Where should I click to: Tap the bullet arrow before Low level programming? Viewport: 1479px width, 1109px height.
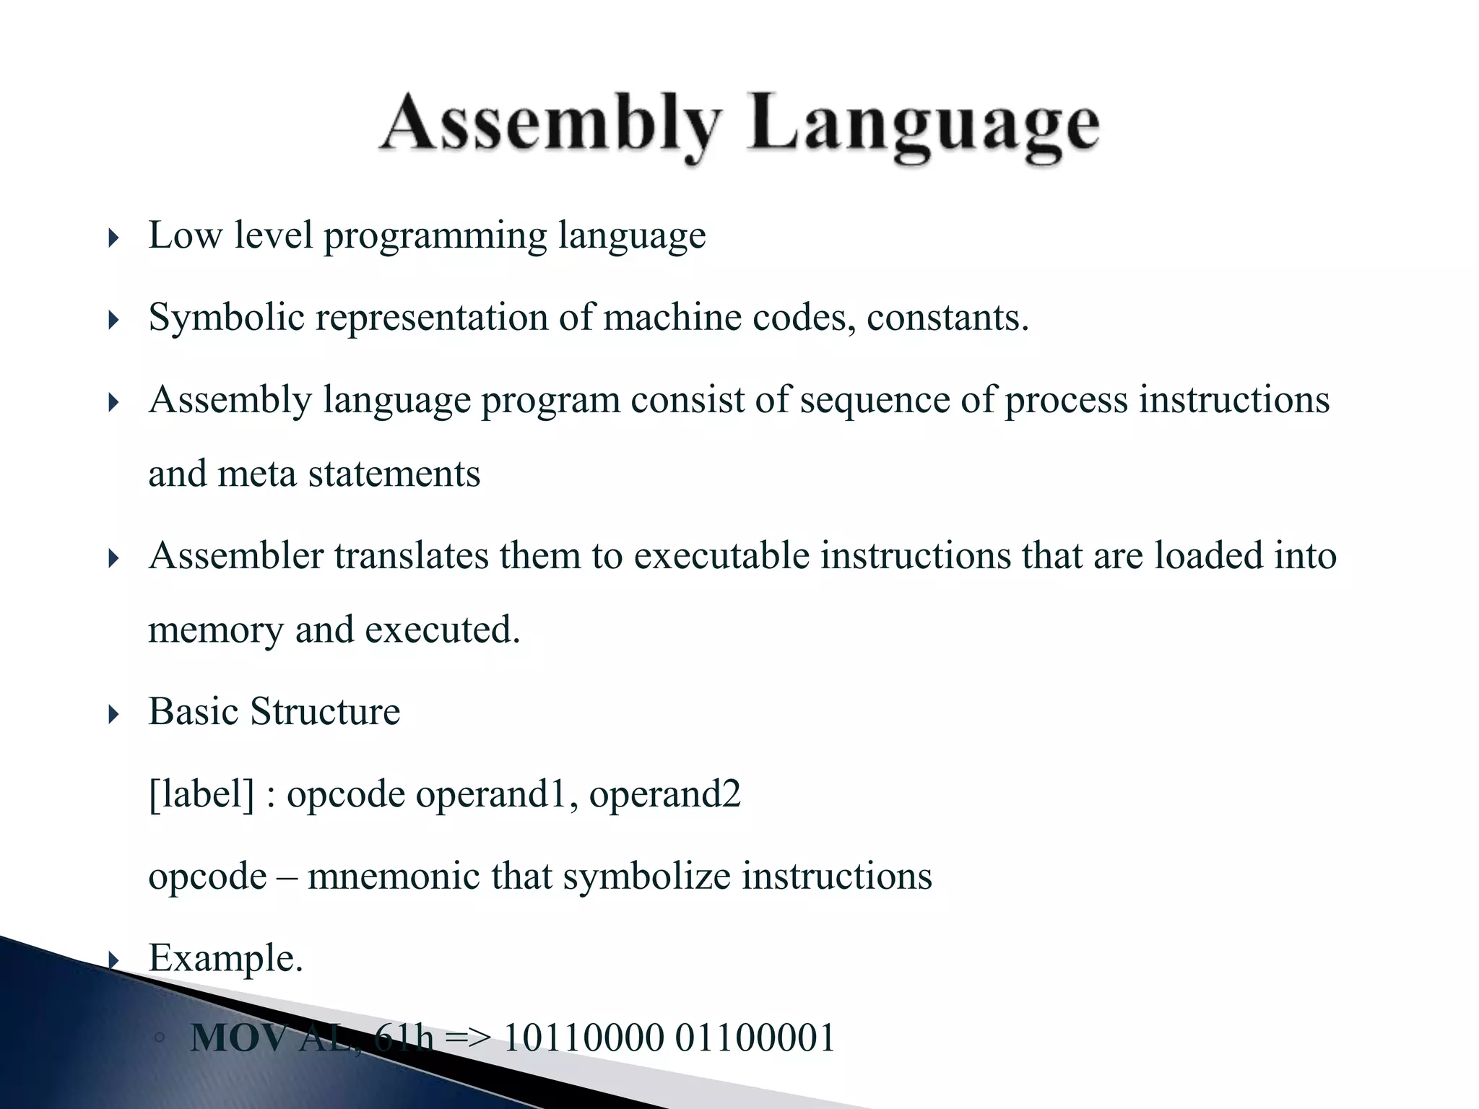point(113,238)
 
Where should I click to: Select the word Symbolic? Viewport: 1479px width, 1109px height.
point(226,318)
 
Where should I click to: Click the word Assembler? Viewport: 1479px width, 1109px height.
point(236,556)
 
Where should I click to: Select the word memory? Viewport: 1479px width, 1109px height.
point(216,630)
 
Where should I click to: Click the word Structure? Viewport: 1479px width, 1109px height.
point(325,712)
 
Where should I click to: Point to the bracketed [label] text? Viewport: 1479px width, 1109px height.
point(201,794)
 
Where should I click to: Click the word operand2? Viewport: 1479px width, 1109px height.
point(664,794)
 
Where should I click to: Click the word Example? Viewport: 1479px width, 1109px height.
point(225,959)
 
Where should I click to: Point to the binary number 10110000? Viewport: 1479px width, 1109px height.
point(584,1038)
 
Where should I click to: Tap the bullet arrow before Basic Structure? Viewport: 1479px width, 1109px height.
point(113,715)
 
